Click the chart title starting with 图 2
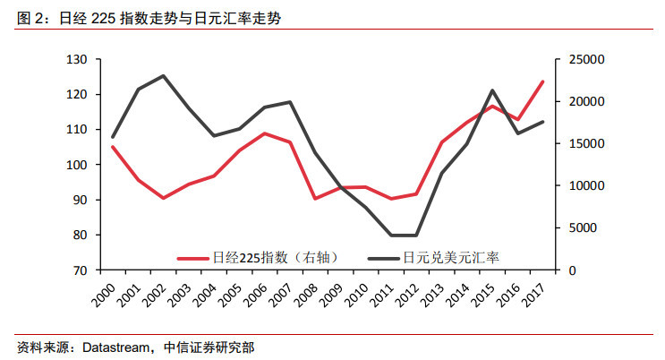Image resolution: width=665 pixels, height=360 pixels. (144, 17)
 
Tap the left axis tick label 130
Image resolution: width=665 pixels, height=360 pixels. (79, 59)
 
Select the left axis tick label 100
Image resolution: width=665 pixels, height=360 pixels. (79, 165)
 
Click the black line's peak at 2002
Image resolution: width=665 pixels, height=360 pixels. (164, 76)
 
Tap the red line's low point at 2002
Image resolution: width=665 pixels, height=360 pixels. (164, 198)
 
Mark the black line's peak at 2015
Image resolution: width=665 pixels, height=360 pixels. (493, 90)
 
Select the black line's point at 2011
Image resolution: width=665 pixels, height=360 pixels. (392, 236)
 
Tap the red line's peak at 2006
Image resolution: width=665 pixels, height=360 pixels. (265, 133)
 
